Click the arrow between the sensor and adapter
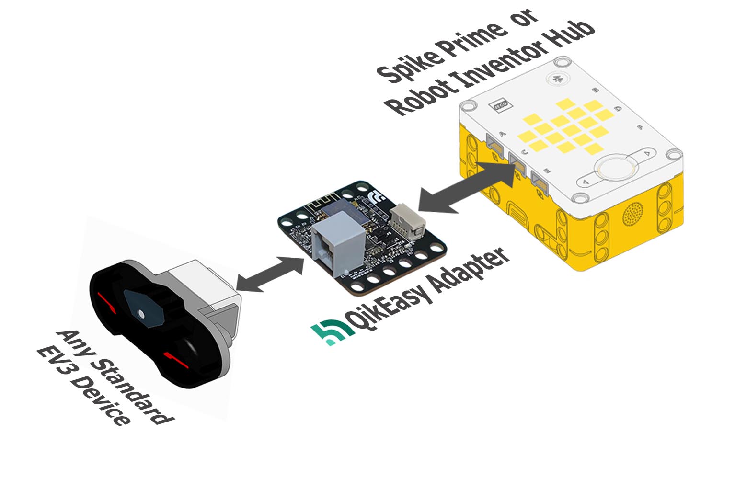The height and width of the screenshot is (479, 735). pos(271,274)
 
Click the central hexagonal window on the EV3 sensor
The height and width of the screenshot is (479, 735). pos(143,309)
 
